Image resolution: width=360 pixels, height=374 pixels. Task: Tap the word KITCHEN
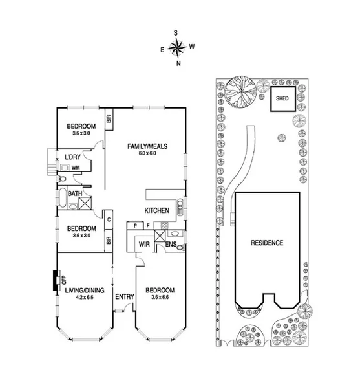(156, 211)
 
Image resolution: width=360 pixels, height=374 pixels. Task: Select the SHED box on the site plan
(282, 100)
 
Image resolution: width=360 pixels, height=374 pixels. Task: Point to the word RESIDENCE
(267, 243)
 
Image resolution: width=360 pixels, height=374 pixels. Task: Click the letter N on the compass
(178, 63)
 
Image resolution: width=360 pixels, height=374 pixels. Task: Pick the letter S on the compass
(175, 32)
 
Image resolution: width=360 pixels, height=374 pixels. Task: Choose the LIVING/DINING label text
(85, 291)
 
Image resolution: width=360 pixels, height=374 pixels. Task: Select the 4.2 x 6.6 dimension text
(85, 298)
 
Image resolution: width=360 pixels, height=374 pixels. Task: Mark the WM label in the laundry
(76, 168)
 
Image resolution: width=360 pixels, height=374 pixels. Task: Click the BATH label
(74, 193)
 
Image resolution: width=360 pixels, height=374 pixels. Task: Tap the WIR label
(145, 244)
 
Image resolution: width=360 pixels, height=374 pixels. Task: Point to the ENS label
(171, 244)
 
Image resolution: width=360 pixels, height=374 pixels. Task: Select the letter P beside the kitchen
(136, 225)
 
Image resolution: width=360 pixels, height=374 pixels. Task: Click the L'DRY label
(72, 157)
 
